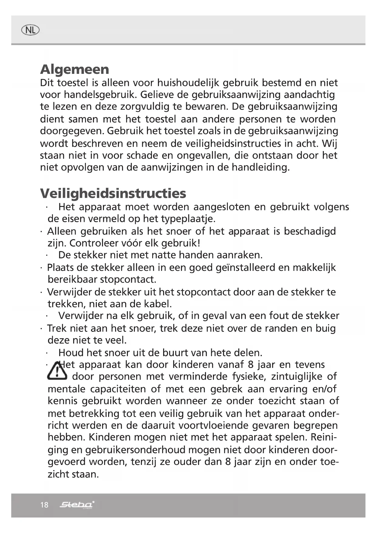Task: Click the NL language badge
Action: (x=30, y=30)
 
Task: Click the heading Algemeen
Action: (x=74, y=69)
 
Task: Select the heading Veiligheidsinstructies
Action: (x=113, y=193)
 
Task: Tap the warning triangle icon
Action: (x=57, y=371)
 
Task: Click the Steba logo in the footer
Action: (x=77, y=505)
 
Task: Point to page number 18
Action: (x=44, y=505)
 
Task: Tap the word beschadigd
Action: (x=310, y=231)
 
